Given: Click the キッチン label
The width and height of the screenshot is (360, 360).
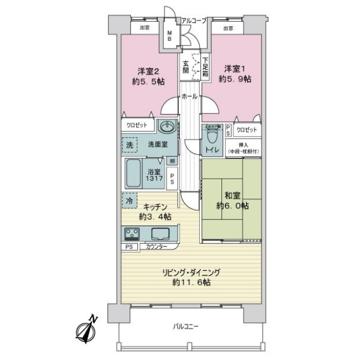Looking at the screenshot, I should coord(151,211).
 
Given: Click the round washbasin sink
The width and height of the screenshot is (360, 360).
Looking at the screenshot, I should coord(166,128).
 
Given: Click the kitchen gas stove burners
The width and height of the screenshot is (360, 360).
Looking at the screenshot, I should coord(132,233).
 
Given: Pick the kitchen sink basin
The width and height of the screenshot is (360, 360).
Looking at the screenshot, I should coord(161,233).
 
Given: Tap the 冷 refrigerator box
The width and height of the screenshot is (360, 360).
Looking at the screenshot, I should coord(130,199).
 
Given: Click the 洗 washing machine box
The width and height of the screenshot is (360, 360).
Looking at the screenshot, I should coord(130,145).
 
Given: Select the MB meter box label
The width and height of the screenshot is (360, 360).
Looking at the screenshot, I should coord(170,36).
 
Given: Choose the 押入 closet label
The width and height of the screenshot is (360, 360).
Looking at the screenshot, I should coord(241,149).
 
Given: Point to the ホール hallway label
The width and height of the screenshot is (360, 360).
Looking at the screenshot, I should coord(190,96).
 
